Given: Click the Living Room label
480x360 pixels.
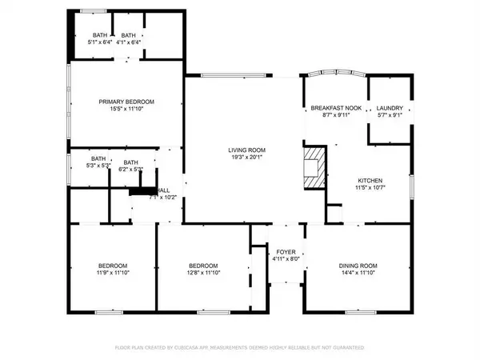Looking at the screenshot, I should tap(246, 150).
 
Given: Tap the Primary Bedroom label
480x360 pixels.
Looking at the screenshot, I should tap(126, 102).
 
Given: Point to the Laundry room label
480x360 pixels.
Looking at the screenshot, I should tap(390, 107).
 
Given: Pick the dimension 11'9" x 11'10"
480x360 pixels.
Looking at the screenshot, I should tap(109, 273).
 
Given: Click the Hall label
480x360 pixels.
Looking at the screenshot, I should tap(162, 190).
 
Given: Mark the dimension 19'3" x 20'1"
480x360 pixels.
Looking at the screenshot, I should tap(246, 158).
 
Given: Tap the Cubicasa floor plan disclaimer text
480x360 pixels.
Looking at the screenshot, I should tap(240, 348).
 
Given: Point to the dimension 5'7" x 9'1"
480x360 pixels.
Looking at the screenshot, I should tap(390, 115).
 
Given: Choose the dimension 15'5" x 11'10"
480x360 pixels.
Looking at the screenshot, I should tap(126, 110).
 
